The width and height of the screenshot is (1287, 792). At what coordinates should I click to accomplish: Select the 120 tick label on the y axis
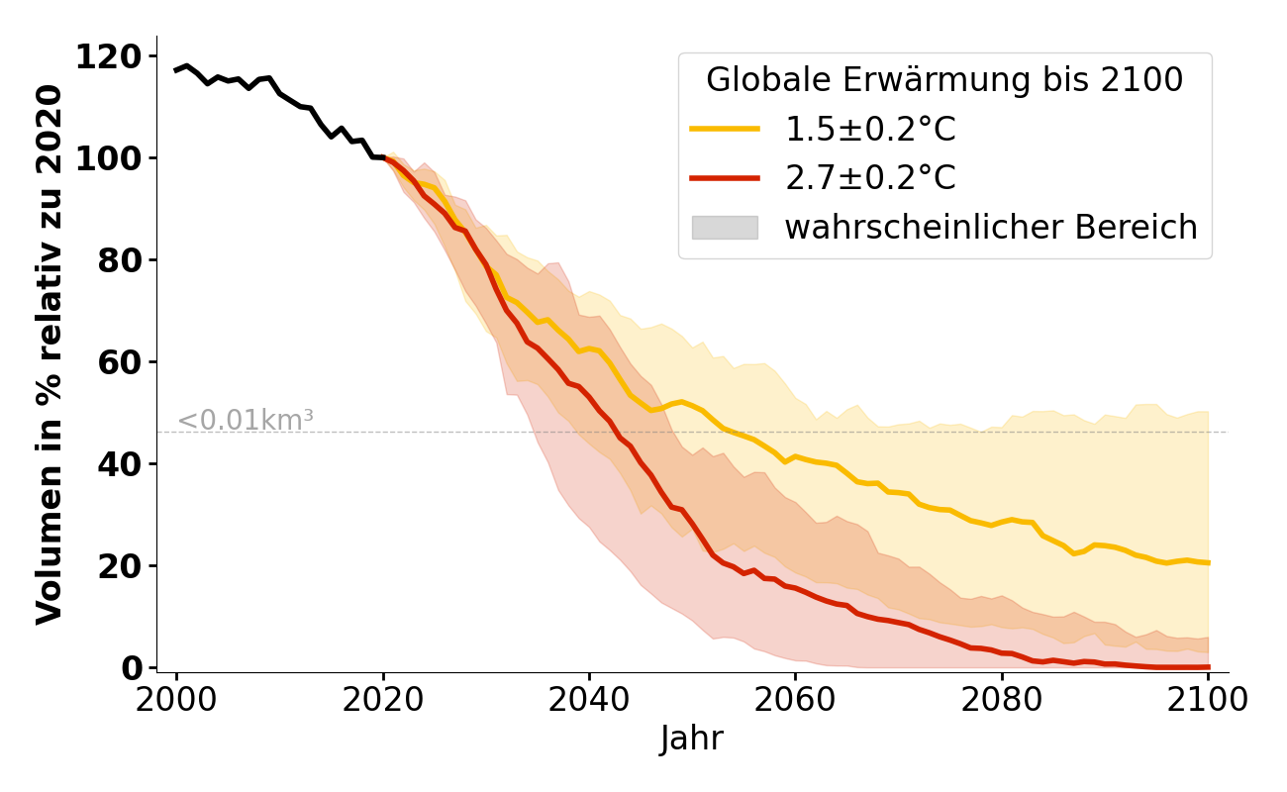109,56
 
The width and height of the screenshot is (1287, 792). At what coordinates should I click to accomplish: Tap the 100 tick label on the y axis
109,158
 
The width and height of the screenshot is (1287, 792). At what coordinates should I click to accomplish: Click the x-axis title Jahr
692,740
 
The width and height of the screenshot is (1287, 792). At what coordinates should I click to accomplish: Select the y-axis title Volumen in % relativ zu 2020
49,354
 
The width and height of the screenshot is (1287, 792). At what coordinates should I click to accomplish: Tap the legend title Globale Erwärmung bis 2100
944,80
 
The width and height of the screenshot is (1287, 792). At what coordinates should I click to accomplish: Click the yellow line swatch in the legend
725,129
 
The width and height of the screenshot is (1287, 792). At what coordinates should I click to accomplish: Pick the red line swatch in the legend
725,178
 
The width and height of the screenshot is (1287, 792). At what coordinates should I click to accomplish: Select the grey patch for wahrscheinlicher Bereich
725,228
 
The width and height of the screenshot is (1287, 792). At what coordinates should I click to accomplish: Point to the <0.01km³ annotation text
246,421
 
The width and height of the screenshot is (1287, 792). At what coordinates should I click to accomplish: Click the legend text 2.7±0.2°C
870,178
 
